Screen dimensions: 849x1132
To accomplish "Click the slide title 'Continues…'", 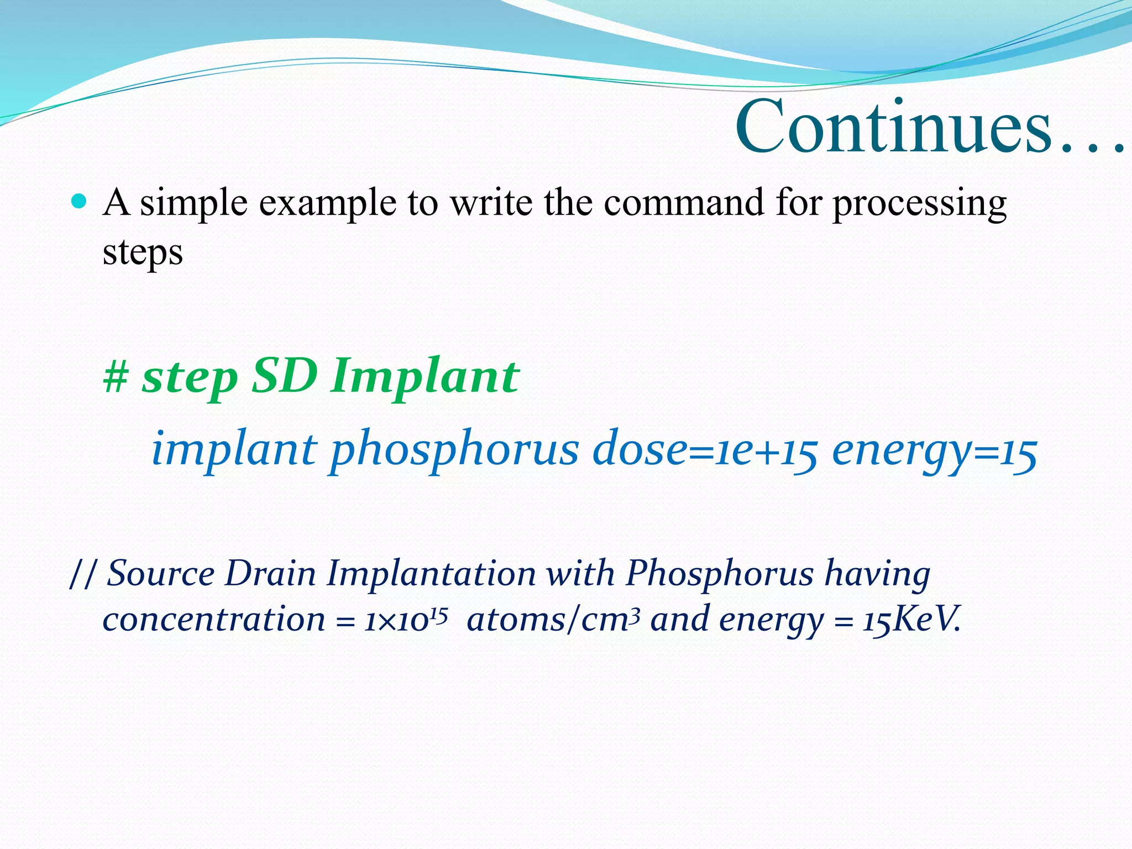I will pos(929,127).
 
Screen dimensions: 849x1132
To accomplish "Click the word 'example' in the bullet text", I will pos(327,203).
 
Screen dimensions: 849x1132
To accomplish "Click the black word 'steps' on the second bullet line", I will pos(143,253).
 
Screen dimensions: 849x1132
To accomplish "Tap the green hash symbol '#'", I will pos(116,377).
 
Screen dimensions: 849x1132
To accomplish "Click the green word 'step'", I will pos(190,378).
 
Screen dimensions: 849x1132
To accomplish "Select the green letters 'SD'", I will pos(285,376).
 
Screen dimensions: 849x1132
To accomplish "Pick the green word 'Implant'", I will pos(425,378).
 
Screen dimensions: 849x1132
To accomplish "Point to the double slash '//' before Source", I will pos(83,574).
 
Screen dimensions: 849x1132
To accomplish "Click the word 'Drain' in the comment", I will pos(270,573).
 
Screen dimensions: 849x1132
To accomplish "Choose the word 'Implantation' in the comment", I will pos(431,574).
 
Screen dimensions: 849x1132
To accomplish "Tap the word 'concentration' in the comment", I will pos(214,619).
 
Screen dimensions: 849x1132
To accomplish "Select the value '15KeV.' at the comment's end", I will pos(911,620).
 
